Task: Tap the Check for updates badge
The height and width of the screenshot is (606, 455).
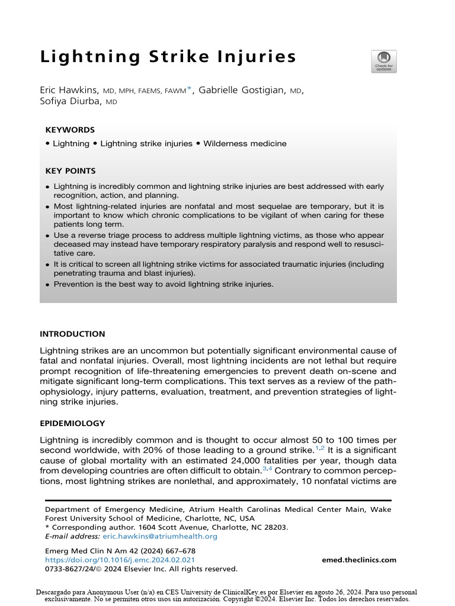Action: click(x=384, y=62)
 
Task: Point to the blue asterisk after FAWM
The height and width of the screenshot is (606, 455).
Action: click(x=190, y=89)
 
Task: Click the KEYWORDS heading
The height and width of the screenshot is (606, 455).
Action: click(x=70, y=130)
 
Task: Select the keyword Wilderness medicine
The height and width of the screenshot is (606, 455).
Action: click(x=245, y=144)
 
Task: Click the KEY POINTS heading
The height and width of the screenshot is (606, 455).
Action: click(x=71, y=171)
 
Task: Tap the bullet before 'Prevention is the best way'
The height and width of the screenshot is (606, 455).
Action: click(x=48, y=285)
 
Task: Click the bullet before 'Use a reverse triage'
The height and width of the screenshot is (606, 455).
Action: click(x=48, y=236)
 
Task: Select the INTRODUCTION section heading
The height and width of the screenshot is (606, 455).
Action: click(x=72, y=334)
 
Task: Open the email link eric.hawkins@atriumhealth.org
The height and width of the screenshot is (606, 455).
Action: click(x=160, y=537)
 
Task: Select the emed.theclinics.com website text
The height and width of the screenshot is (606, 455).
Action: click(x=359, y=560)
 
